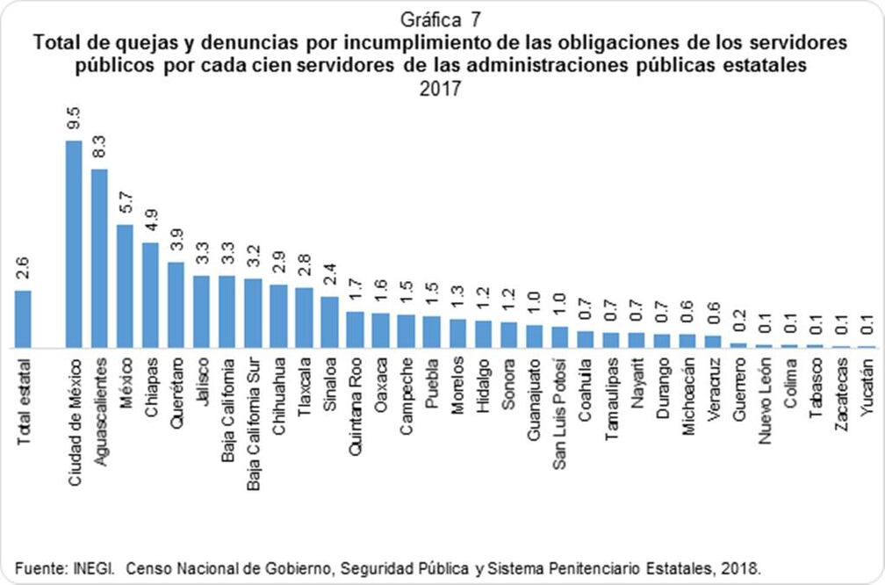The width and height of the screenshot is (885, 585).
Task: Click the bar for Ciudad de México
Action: point(75,244)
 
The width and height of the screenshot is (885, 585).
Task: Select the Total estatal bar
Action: point(24,319)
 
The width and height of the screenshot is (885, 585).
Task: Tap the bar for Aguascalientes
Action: point(100,258)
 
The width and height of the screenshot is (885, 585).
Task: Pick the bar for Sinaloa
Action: point(329,321)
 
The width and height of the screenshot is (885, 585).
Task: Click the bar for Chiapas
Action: point(151,295)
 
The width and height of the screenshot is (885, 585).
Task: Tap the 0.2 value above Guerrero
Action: point(738,322)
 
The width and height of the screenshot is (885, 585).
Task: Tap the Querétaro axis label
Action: point(176,392)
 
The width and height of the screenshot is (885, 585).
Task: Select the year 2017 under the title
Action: point(442,90)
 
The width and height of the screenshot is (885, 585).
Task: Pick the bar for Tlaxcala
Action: point(304,317)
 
